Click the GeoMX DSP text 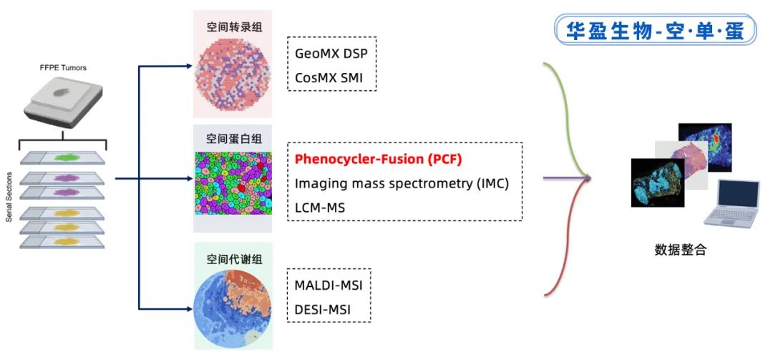[x=335, y=53]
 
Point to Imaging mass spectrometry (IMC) [x=402, y=183]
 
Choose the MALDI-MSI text [x=329, y=285]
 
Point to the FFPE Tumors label [x=64, y=69]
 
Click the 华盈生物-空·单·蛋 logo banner [x=654, y=31]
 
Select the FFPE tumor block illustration [x=64, y=101]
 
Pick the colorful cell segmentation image [x=233, y=182]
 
